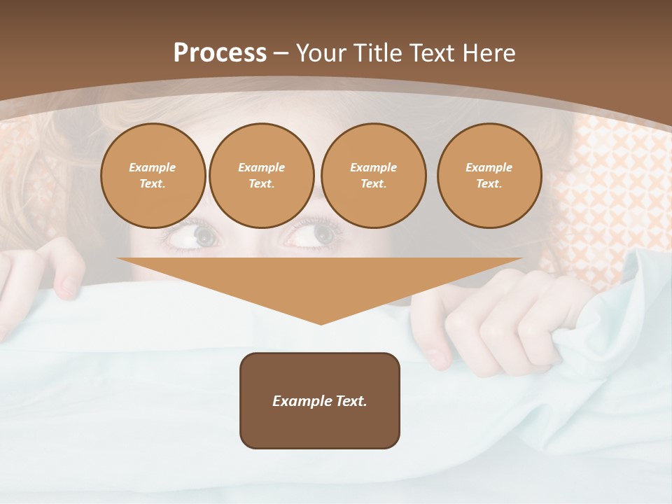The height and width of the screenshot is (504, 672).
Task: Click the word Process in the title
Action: (x=220, y=53)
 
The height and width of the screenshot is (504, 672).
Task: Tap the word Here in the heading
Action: (x=489, y=53)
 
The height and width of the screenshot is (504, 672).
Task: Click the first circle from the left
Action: (x=153, y=176)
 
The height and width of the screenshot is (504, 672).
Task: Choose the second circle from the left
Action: (x=261, y=176)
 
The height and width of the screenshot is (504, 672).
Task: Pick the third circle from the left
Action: (x=373, y=176)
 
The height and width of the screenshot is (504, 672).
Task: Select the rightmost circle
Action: (x=489, y=176)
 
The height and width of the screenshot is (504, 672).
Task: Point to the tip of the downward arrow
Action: (x=321, y=323)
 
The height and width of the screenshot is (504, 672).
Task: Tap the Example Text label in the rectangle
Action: (x=320, y=401)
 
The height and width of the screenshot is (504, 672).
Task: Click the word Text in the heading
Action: (x=432, y=53)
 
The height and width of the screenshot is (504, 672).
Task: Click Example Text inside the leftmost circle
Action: (x=153, y=176)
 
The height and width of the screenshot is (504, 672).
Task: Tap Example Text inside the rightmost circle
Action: (x=489, y=176)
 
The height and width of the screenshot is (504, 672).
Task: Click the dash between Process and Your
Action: (x=281, y=53)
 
